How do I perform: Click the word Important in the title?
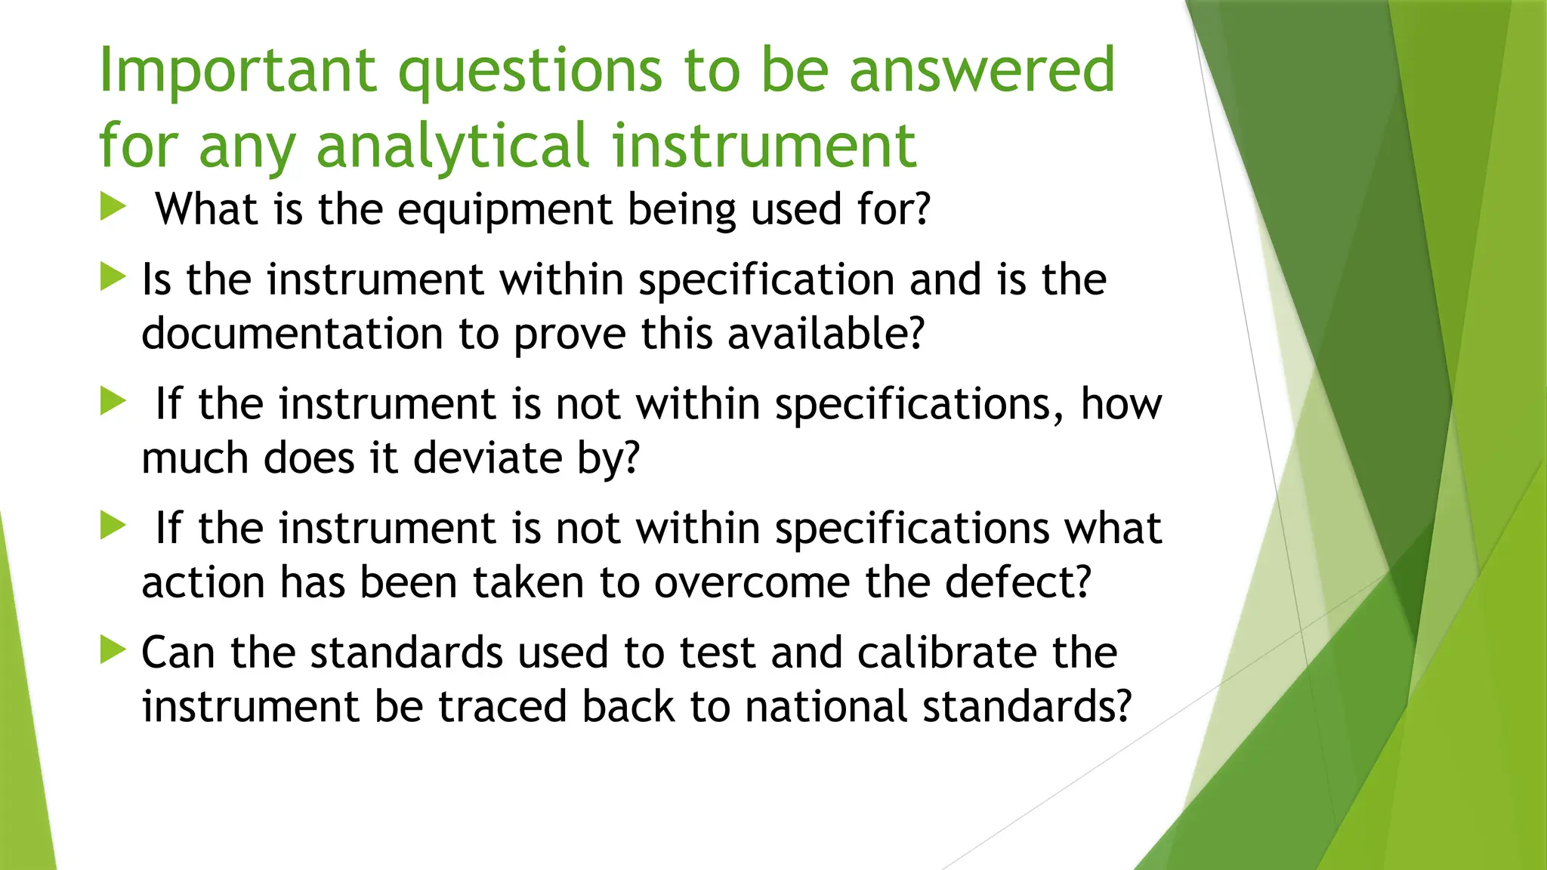pos(238,70)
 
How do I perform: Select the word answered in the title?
pos(982,70)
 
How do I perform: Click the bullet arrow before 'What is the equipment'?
pos(112,207)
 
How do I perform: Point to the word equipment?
pos(505,210)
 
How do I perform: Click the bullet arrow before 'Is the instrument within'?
pos(112,277)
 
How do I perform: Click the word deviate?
pos(487,458)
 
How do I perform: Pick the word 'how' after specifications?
pos(1121,404)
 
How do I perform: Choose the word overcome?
pos(752,583)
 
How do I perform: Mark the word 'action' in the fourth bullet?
pos(203,583)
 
